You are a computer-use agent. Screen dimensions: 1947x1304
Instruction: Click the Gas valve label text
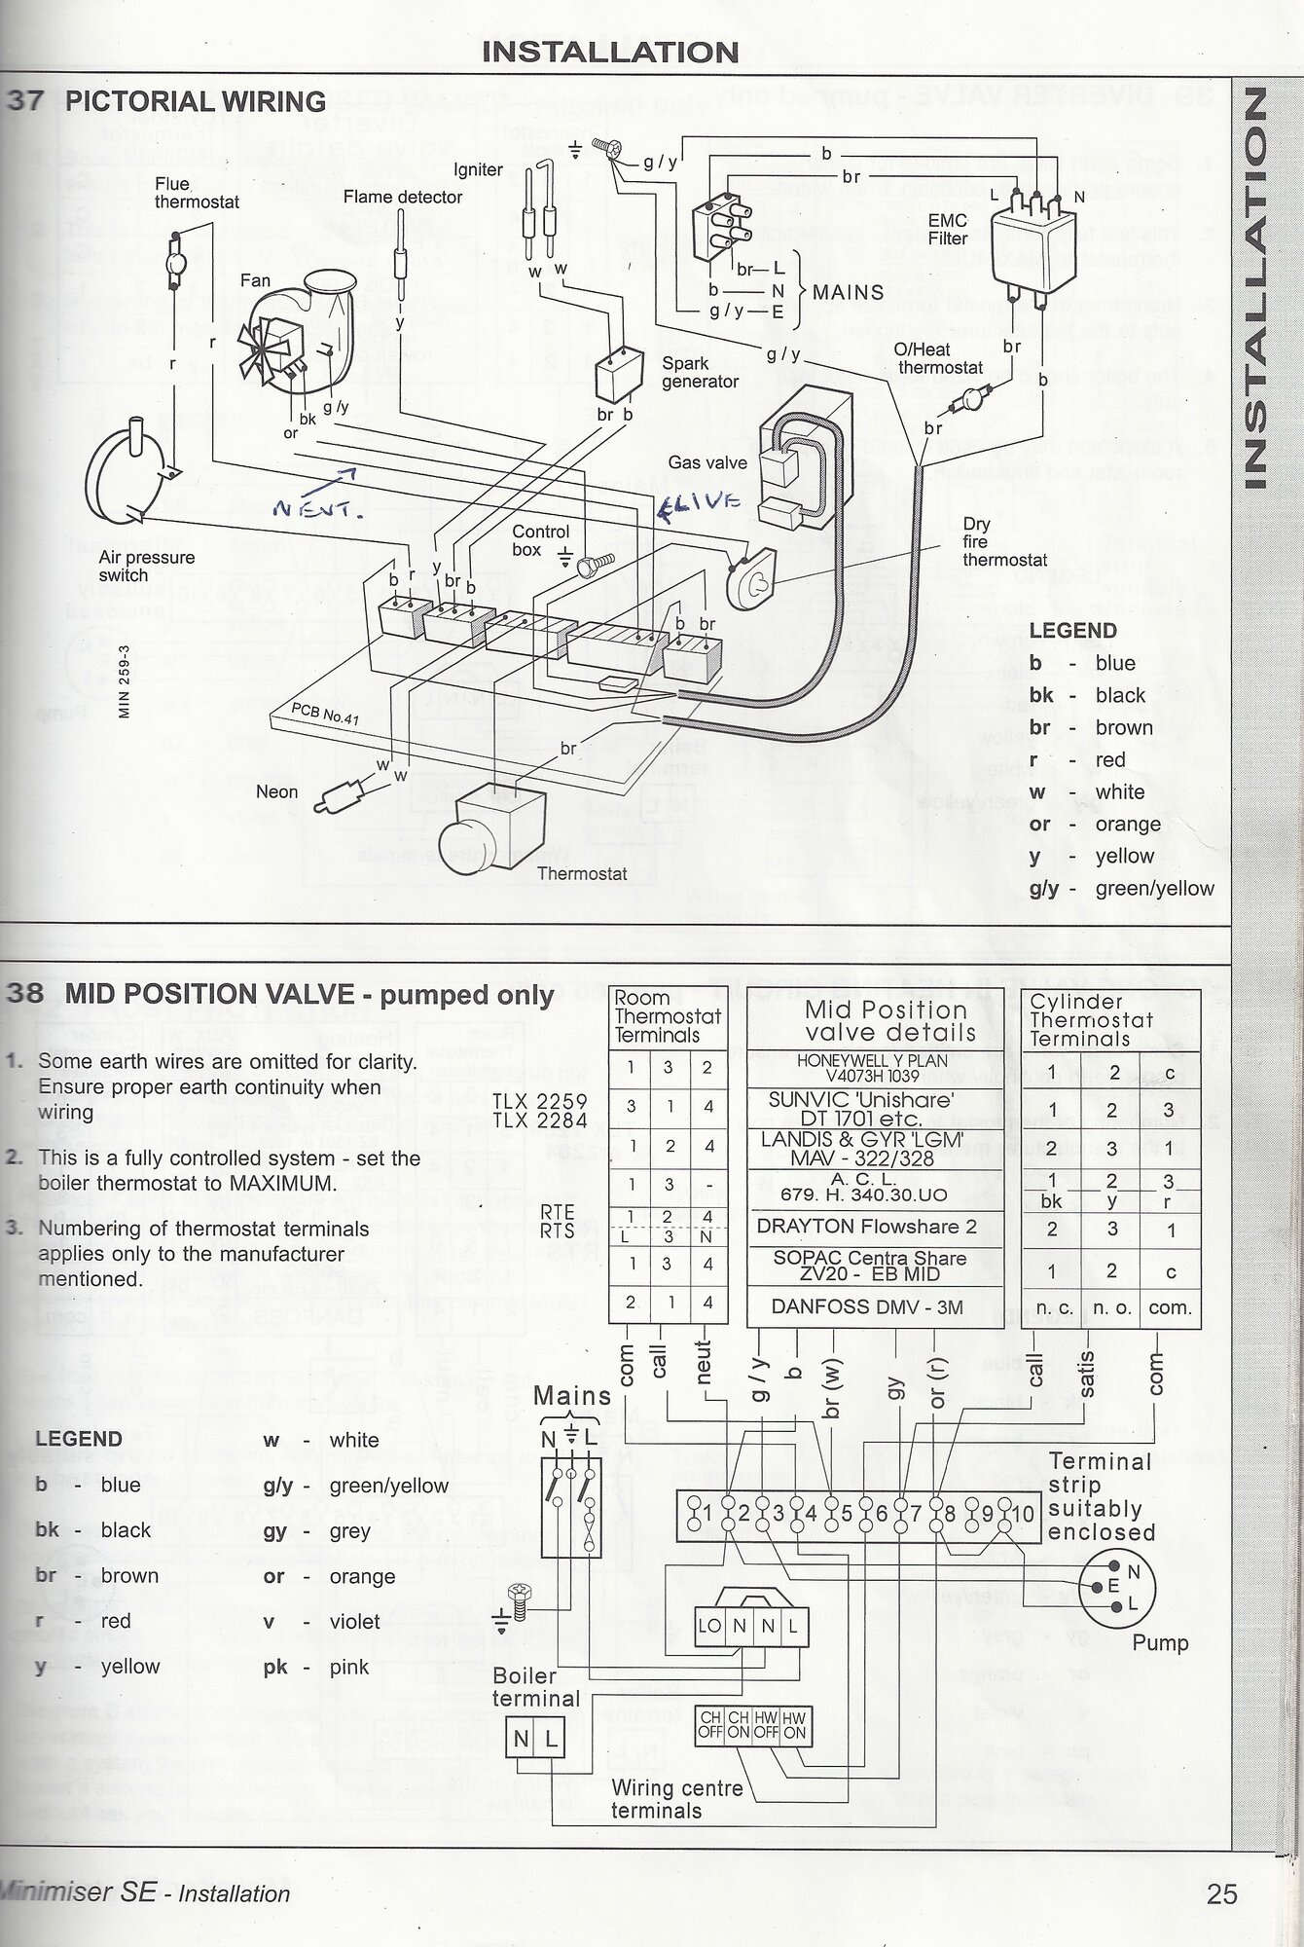click(x=706, y=462)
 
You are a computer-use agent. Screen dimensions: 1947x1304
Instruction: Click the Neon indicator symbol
click(x=336, y=795)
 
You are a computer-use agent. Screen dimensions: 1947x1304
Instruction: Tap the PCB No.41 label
click(x=325, y=715)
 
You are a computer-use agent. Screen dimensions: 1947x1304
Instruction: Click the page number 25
click(x=1221, y=1894)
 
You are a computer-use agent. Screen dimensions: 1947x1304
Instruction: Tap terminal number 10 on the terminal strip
click(x=1021, y=1514)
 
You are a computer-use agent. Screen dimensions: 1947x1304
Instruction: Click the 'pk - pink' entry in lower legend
click(x=316, y=1667)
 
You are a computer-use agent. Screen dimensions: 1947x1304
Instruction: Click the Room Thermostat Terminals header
click(x=667, y=1016)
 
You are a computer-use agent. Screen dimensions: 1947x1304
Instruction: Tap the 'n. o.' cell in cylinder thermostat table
click(x=1111, y=1307)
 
